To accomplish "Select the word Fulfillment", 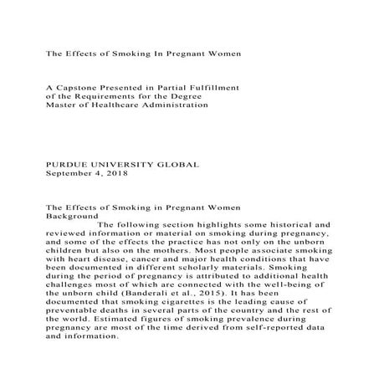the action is [x=212, y=85].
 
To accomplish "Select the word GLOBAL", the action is [x=177, y=165].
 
